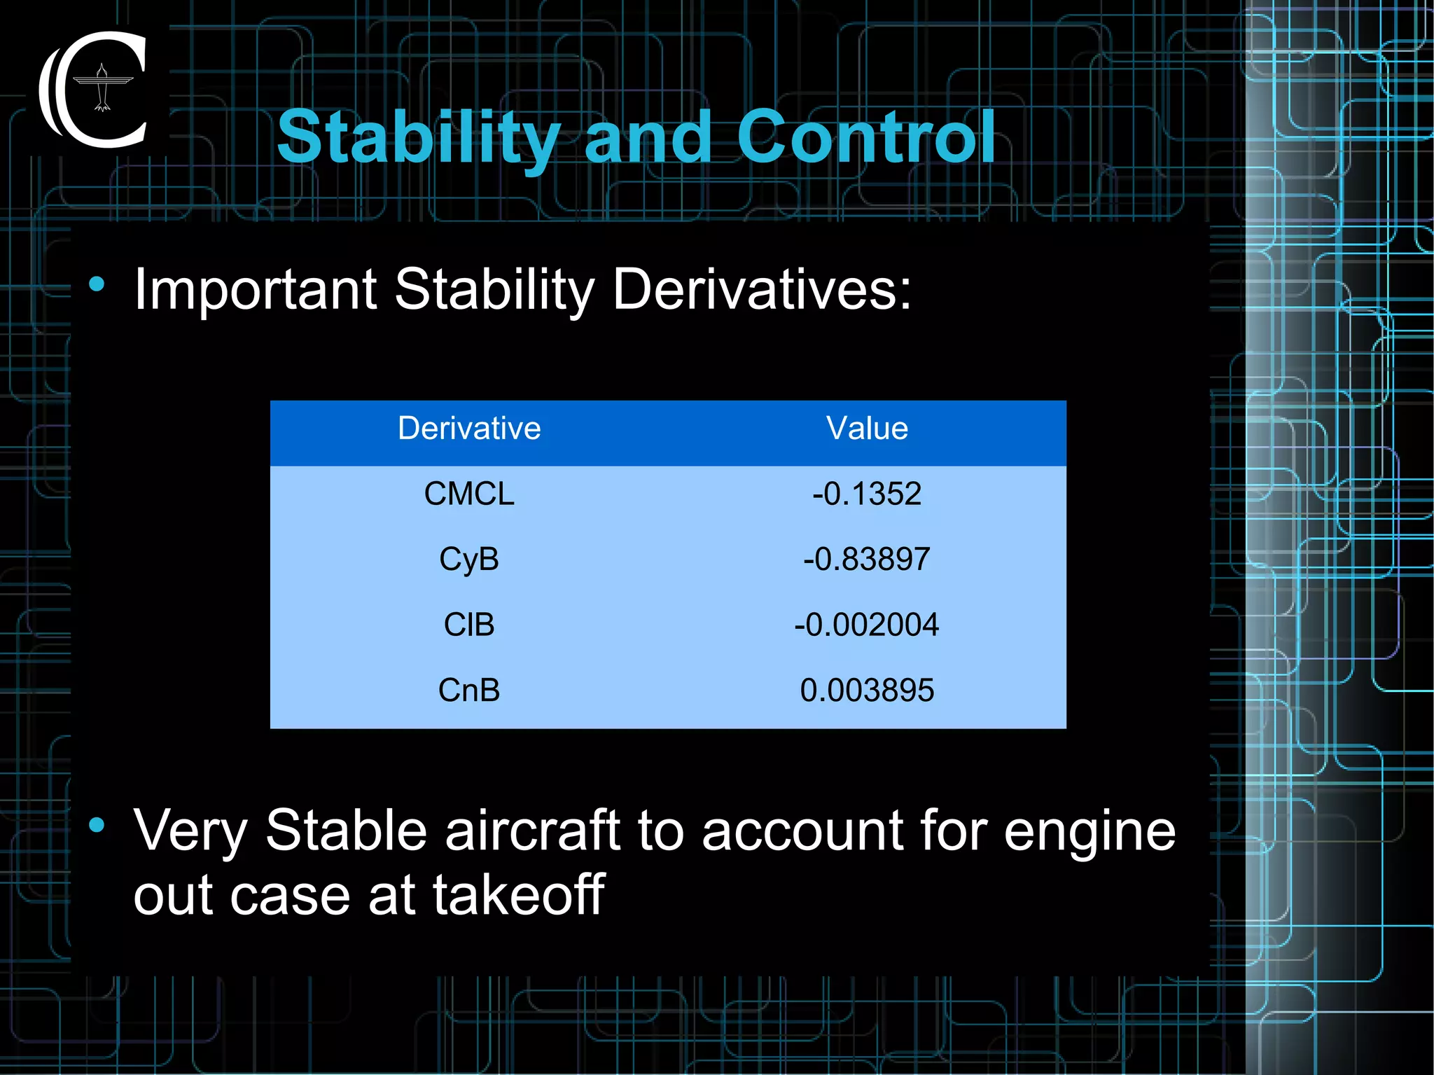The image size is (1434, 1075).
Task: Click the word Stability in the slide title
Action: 418,138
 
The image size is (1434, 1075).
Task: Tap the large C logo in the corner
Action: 94,90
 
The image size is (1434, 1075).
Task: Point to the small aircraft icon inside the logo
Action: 103,88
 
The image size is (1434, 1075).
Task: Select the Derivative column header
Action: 469,429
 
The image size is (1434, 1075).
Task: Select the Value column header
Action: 867,429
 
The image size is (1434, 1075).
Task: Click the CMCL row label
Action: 469,494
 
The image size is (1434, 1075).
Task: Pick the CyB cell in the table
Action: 469,560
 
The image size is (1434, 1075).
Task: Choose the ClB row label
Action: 469,625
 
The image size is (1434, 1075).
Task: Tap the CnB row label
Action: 469,691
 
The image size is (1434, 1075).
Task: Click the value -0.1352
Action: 867,494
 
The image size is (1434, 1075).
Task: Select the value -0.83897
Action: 867,560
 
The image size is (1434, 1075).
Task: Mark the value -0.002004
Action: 867,625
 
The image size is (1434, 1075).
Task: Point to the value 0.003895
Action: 867,691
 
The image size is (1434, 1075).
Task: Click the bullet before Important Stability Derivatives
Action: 97,284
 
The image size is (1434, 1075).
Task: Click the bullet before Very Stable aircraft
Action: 97,825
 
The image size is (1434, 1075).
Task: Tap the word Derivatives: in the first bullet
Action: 762,289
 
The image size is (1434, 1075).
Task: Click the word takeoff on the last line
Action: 518,895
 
